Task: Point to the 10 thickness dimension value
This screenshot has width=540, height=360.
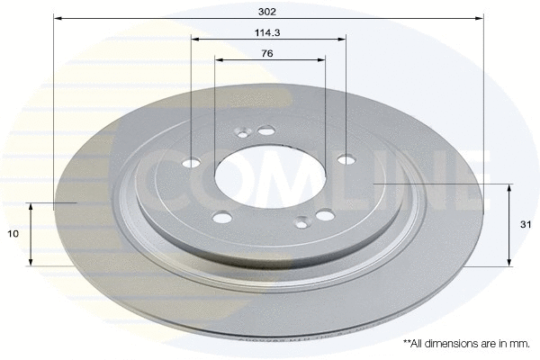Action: click(13, 234)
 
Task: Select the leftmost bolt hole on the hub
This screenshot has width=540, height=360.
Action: click(192, 164)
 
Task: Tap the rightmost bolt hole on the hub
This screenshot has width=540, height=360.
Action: click(346, 159)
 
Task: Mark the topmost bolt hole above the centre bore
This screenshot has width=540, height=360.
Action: click(266, 131)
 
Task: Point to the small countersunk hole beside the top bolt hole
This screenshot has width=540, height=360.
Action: click(241, 135)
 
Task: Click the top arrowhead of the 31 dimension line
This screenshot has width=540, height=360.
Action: click(510, 187)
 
